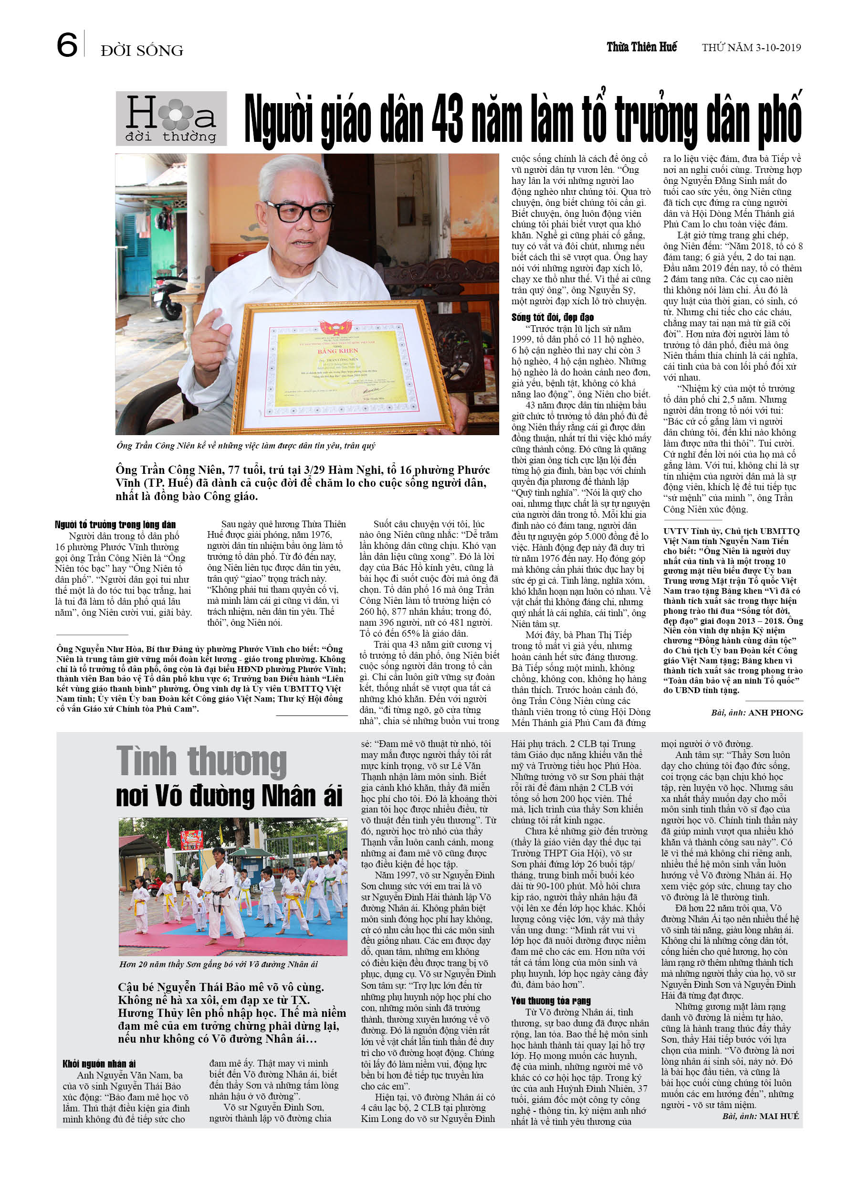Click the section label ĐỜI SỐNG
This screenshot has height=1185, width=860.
pos(142,51)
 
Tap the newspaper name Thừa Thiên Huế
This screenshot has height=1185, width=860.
pos(641,47)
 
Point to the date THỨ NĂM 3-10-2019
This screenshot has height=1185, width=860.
pos(751,48)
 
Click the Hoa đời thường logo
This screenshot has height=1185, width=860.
pos(171,118)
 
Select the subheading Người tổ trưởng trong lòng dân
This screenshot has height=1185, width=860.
pos(115,524)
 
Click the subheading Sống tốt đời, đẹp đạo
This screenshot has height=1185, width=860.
pos(553,317)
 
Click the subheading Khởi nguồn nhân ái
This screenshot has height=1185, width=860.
pos(99,1064)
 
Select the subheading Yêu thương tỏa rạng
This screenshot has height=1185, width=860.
pos(551,1001)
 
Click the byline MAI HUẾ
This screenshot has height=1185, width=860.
pos(778,1116)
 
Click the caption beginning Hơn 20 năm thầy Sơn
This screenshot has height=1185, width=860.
pos(218,964)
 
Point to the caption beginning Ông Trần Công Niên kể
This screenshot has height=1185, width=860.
pos(245,445)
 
